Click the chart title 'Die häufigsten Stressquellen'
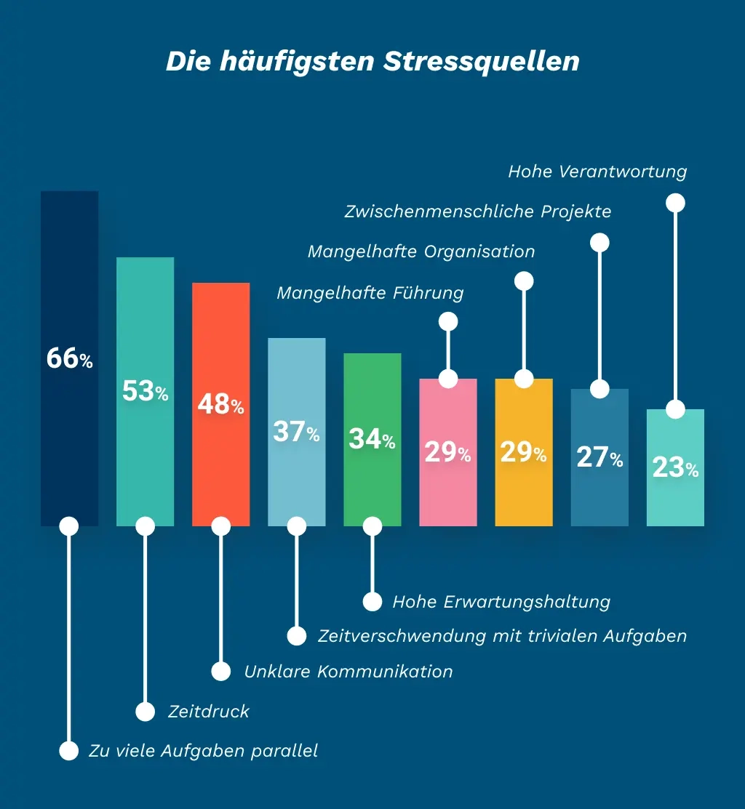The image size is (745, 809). (x=372, y=61)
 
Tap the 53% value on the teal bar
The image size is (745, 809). (x=145, y=392)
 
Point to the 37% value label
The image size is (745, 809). (x=296, y=432)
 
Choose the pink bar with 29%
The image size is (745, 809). (x=447, y=487)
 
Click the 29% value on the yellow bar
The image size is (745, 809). (x=523, y=453)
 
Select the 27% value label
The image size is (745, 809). (x=599, y=457)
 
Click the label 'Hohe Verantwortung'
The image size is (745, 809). (x=597, y=172)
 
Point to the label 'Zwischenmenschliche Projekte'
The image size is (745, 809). (x=478, y=212)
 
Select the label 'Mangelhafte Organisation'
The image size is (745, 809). (x=421, y=251)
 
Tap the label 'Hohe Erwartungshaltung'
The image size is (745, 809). (x=501, y=602)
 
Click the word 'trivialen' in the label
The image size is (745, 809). (x=562, y=636)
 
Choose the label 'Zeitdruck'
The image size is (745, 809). (x=209, y=711)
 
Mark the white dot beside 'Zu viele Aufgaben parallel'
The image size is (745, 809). (x=69, y=751)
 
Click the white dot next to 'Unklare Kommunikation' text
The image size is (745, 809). (x=220, y=671)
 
